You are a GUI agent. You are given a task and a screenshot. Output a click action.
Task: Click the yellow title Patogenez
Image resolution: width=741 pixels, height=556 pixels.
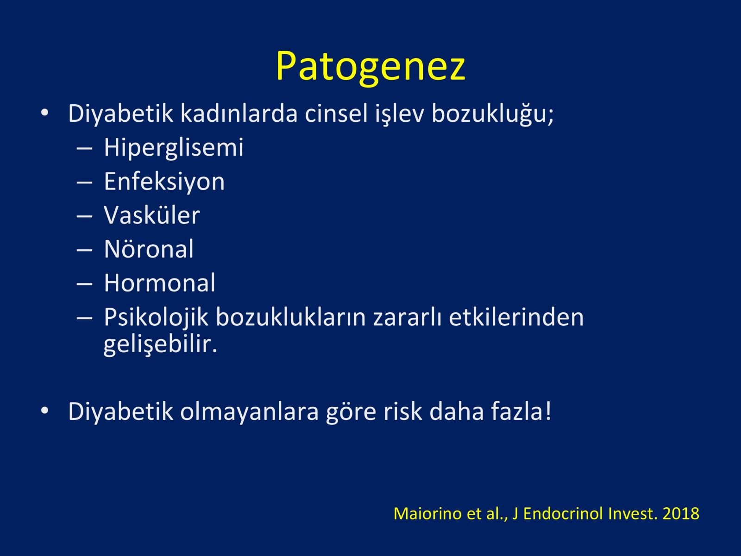click(370, 67)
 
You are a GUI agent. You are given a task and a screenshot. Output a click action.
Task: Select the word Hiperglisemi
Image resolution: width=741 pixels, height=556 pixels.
click(174, 147)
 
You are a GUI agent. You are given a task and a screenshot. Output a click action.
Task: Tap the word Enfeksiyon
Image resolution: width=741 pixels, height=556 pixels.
click(164, 182)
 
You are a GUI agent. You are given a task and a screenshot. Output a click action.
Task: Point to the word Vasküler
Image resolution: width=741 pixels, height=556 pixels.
click(152, 215)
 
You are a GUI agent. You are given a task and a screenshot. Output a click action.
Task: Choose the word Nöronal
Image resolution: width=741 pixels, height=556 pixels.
click(149, 249)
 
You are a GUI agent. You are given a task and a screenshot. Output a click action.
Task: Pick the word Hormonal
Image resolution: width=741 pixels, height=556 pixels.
click(159, 283)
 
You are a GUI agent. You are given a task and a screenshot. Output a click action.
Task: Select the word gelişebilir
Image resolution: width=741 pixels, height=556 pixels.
click(160, 345)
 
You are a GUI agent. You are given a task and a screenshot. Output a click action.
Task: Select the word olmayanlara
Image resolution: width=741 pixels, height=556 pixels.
click(250, 412)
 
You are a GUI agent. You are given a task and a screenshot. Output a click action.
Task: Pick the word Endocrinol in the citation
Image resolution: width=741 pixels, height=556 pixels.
click(563, 513)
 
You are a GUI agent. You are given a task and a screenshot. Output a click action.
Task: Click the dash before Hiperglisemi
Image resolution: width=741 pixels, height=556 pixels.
click(84, 149)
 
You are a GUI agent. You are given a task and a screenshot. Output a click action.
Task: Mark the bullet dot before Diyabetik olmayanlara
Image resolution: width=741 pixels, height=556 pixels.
click(44, 411)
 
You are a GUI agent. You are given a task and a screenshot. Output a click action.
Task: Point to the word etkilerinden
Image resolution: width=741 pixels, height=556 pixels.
click(516, 317)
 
